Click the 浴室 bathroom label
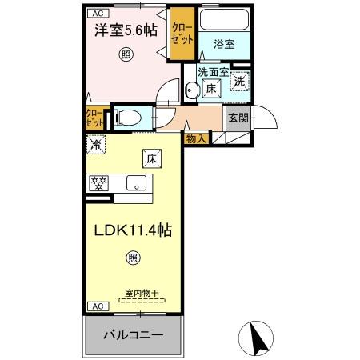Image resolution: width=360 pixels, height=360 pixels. [x=224, y=45]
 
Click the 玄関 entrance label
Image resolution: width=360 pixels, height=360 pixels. [x=238, y=118]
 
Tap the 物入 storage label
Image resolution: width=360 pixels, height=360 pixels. [x=196, y=138]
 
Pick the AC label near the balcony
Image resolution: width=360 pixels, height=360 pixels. [x=95, y=306]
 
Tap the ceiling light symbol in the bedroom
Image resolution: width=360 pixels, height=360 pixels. [x=126, y=54]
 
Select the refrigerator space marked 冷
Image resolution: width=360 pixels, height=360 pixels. [x=96, y=146]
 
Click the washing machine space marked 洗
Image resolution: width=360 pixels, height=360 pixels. [x=239, y=80]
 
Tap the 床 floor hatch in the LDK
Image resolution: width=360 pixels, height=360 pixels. [x=150, y=158]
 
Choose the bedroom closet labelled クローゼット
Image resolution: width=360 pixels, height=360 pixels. [x=182, y=36]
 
